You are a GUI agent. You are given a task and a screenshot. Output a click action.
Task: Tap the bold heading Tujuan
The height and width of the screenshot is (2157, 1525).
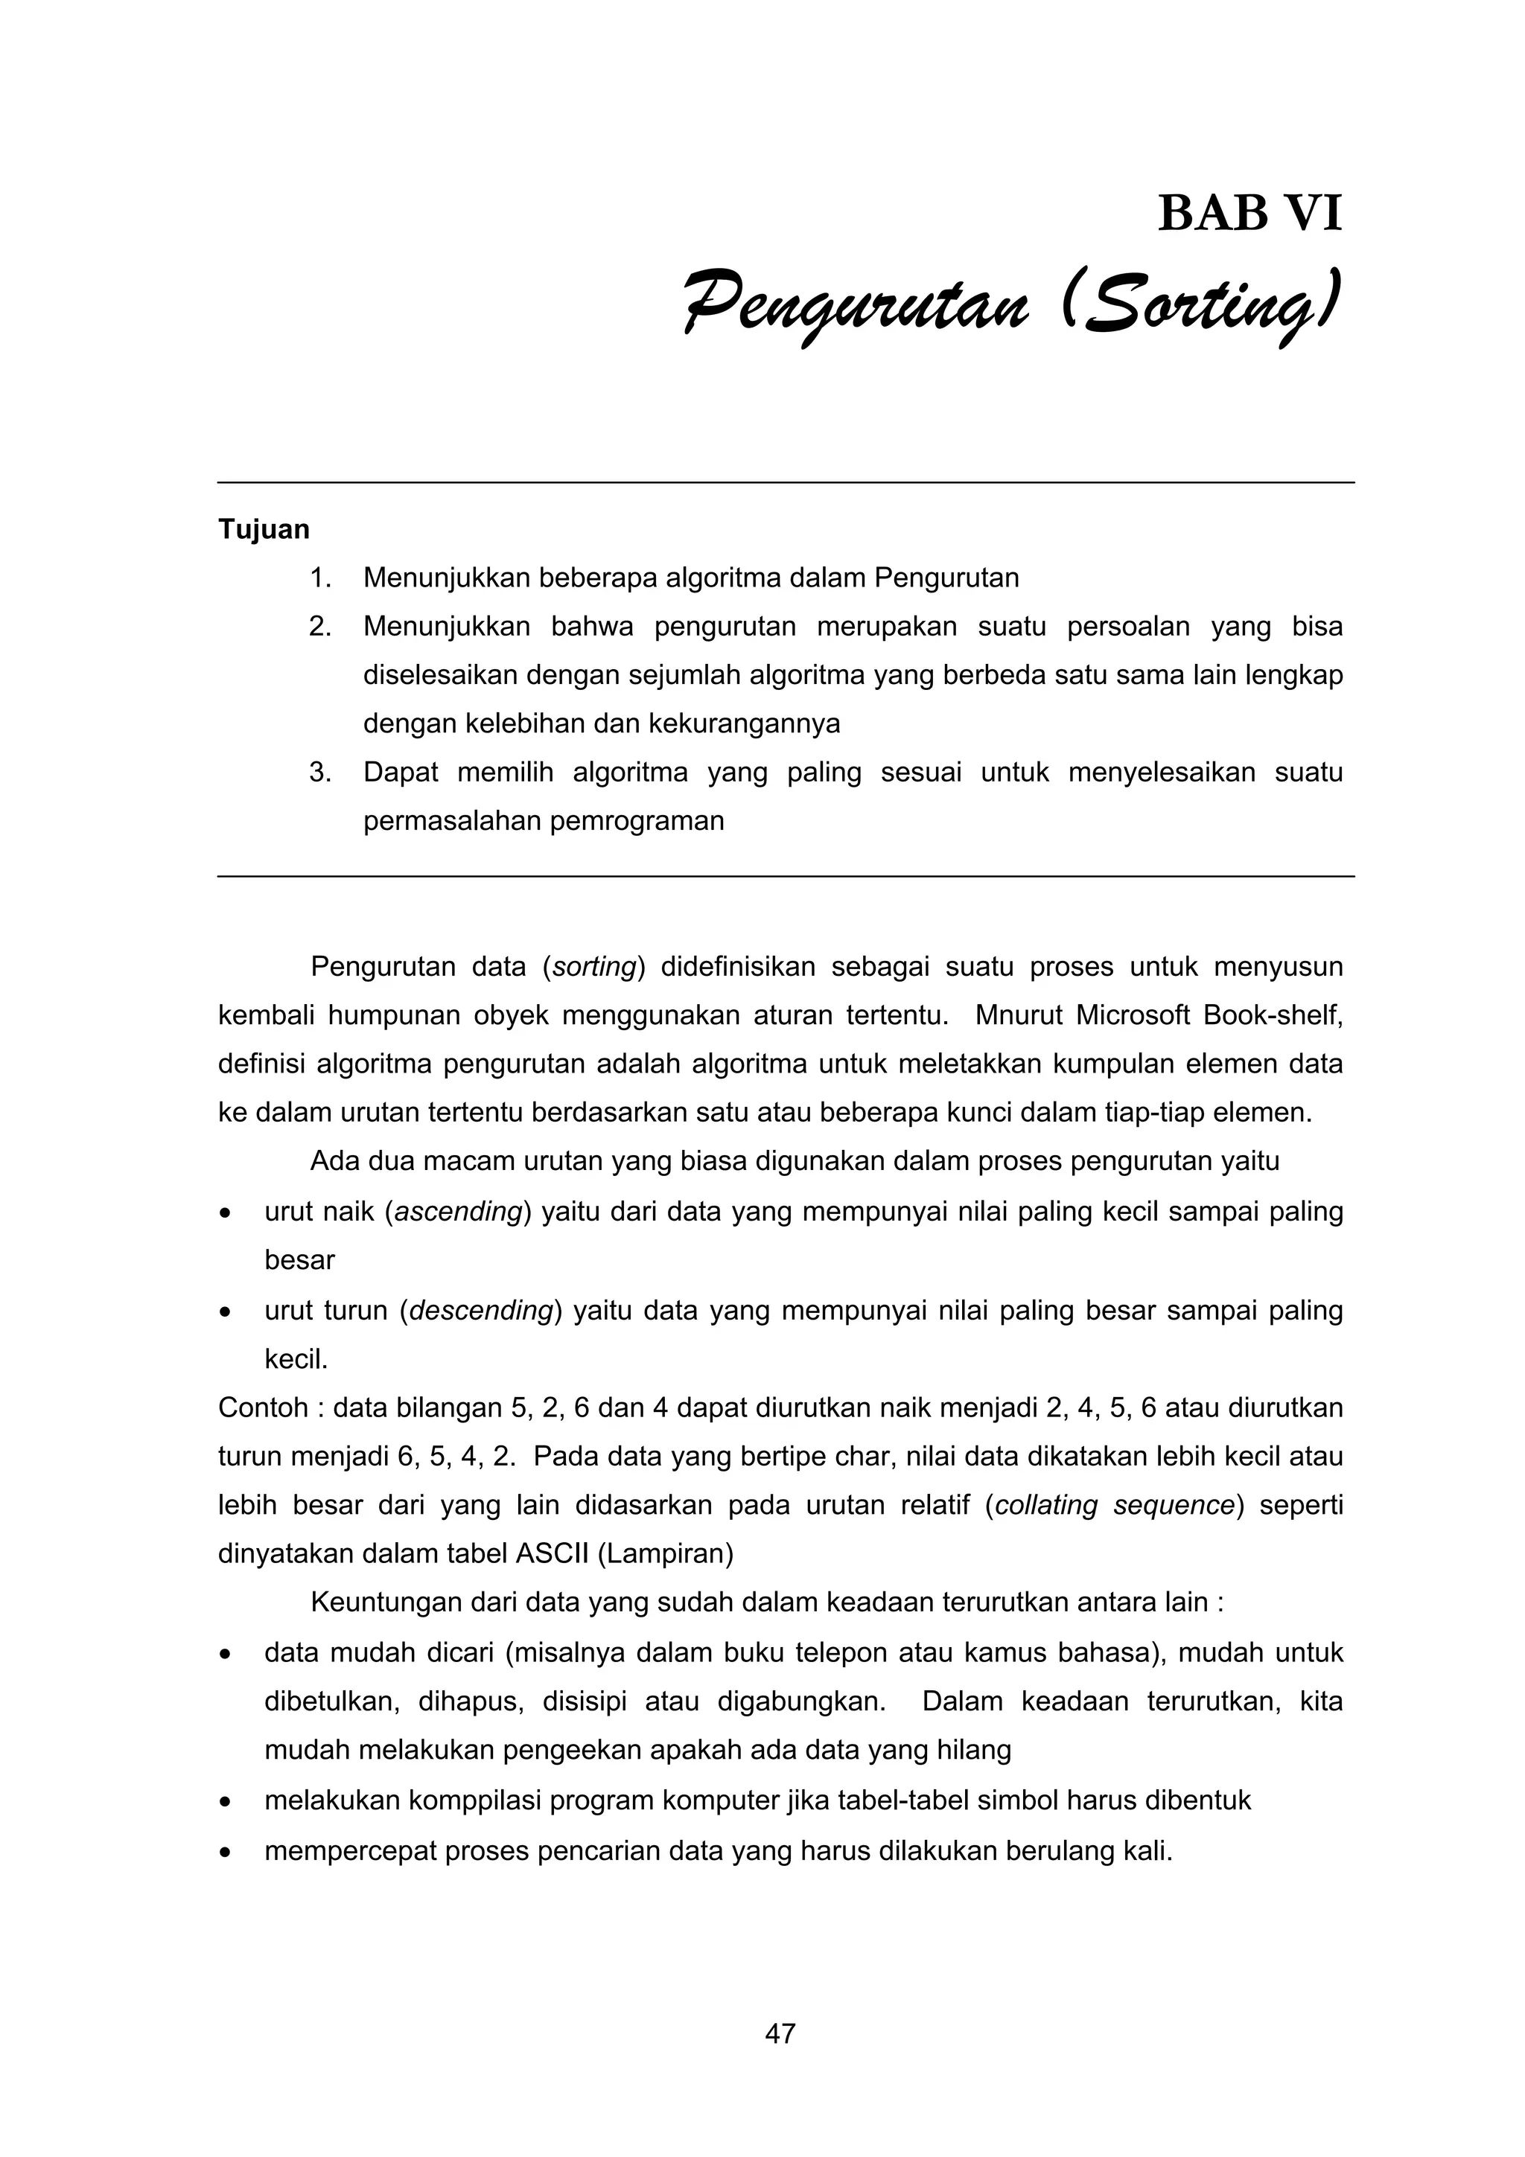coord(264,530)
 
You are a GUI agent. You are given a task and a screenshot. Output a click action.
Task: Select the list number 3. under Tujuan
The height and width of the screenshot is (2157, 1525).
coord(320,773)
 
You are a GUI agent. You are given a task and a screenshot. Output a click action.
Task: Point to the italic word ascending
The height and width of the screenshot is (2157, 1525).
coord(459,1212)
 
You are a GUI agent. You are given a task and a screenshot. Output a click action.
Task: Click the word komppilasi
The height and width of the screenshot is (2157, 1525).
coord(465,1801)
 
